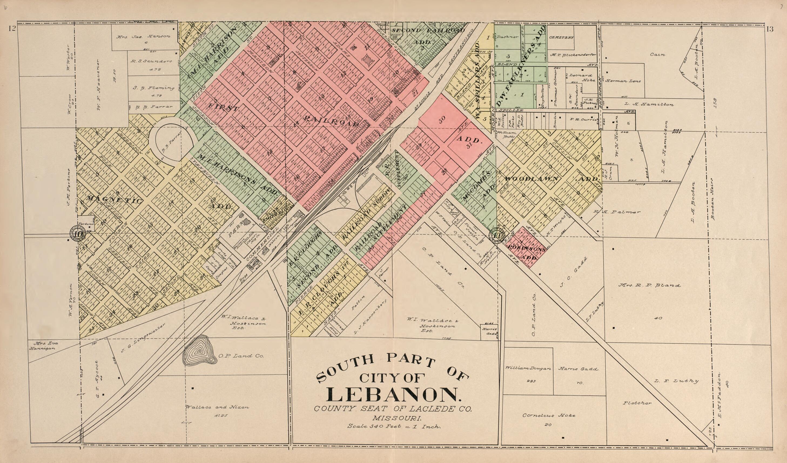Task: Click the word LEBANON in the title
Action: coord(393,395)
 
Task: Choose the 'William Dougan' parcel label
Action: coord(528,369)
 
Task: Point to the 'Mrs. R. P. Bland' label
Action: coord(650,285)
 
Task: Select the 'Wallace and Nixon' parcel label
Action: coord(217,407)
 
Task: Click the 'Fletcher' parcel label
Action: coord(637,403)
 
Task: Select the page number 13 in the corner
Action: coord(769,29)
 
